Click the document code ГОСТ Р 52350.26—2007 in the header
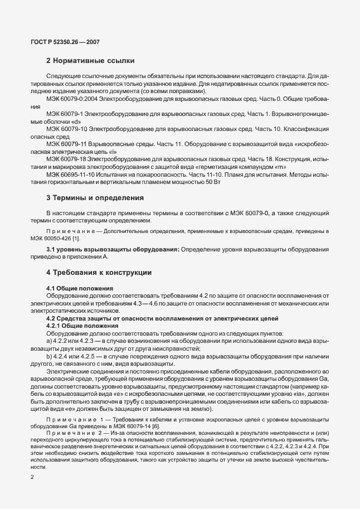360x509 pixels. point(62,41)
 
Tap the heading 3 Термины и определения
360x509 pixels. point(95,197)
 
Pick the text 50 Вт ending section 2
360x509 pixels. point(213,182)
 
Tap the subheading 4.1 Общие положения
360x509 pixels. point(80,288)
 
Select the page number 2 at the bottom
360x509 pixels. point(32,478)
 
